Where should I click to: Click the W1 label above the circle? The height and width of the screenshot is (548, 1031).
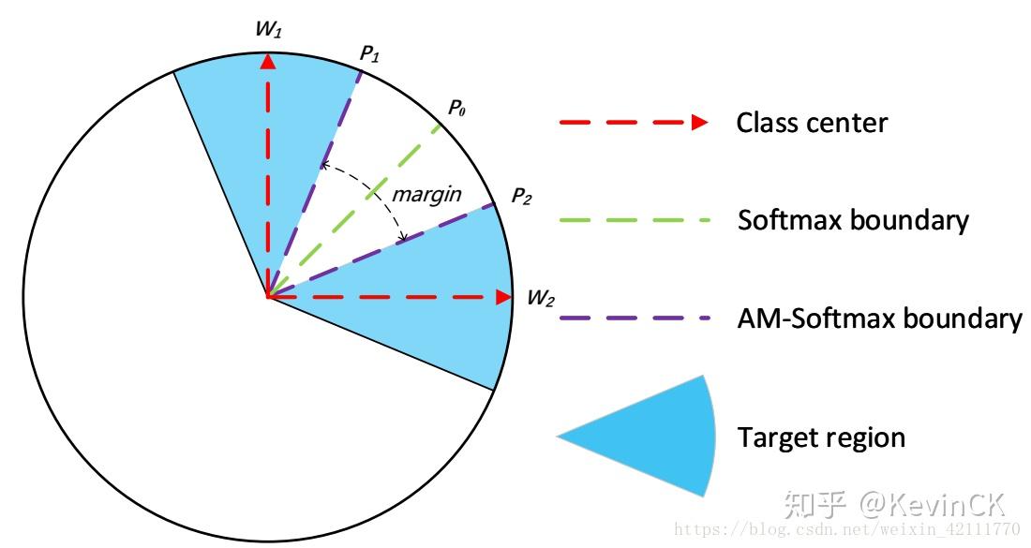click(268, 30)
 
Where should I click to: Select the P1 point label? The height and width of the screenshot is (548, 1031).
click(370, 53)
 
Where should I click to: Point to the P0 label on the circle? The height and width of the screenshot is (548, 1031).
click(456, 108)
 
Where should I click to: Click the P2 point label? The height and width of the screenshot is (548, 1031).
click(522, 196)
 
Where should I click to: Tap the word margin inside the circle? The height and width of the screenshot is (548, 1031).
click(426, 194)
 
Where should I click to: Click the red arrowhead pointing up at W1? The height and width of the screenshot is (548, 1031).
click(268, 62)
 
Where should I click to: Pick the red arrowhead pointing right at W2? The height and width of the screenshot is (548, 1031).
click(503, 297)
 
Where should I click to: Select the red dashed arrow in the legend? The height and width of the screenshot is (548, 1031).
click(633, 122)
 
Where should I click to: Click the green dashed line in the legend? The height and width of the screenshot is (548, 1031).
click(633, 220)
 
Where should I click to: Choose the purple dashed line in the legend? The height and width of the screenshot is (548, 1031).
click(633, 318)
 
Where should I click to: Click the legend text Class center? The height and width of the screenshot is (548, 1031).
click(812, 123)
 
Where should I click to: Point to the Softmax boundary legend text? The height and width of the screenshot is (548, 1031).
click(853, 221)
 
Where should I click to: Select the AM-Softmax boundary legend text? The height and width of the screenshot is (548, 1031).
click(879, 318)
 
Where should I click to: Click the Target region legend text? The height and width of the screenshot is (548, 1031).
click(821, 437)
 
